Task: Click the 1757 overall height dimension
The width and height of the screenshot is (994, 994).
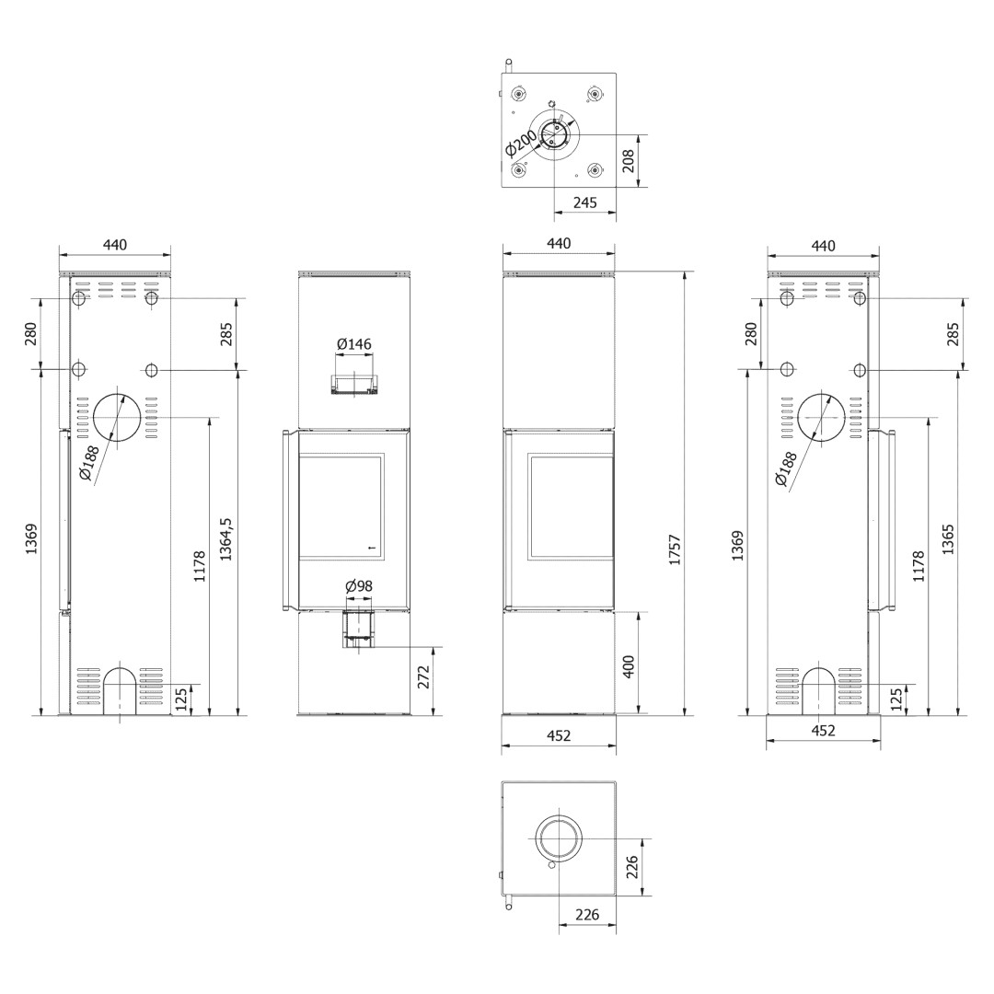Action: [x=675, y=549]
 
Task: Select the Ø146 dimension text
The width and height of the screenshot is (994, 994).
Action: [x=354, y=344]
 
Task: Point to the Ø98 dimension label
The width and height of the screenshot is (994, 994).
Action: [x=359, y=586]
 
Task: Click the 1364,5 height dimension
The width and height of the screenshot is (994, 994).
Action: [x=226, y=538]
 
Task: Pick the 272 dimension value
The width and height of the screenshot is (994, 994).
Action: [x=424, y=677]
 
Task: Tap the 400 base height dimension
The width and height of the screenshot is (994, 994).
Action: [x=629, y=667]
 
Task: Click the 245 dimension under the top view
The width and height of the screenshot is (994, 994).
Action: [x=585, y=202]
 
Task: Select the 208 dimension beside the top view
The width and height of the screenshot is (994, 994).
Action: [x=629, y=161]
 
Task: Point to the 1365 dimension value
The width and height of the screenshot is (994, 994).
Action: [x=948, y=539]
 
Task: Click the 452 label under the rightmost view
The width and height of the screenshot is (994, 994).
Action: [x=823, y=730]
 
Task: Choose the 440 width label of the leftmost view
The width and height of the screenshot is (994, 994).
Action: [x=115, y=245]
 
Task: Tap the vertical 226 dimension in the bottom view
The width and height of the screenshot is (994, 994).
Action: [x=631, y=867]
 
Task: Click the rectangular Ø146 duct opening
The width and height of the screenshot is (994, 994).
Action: [x=354, y=384]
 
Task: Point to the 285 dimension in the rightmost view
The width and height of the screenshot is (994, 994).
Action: [x=953, y=333]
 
